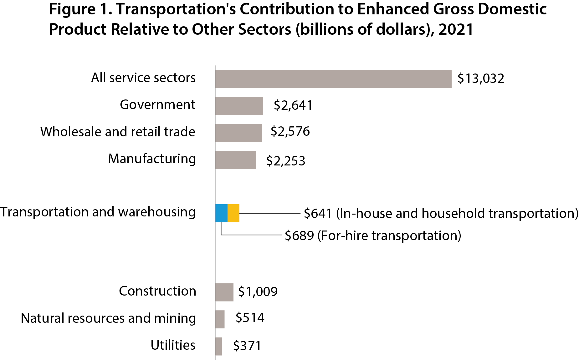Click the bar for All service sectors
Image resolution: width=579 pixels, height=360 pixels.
(x=333, y=79)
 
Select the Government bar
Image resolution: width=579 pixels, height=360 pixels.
(x=239, y=106)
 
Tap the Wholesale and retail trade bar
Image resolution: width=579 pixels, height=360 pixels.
(x=238, y=133)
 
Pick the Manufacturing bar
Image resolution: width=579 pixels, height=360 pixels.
(x=236, y=160)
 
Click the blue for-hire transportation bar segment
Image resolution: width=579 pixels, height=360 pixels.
(x=221, y=213)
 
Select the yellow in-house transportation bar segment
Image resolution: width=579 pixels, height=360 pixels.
(x=233, y=213)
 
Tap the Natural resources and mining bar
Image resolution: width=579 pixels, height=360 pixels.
(x=220, y=319)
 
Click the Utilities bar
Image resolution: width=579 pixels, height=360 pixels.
(x=219, y=346)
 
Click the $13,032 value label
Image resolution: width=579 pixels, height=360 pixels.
(x=481, y=79)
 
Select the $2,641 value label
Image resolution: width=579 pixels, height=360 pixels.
(x=293, y=105)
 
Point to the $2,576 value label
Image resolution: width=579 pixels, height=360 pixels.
(x=290, y=131)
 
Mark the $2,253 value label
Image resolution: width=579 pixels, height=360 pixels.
(x=285, y=161)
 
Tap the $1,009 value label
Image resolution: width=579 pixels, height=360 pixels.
(x=258, y=292)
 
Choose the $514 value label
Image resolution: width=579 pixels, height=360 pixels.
(x=250, y=318)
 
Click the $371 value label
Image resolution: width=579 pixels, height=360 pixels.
(x=247, y=346)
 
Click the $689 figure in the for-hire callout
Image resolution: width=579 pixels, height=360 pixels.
(x=299, y=236)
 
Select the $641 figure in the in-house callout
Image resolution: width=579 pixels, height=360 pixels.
(x=318, y=213)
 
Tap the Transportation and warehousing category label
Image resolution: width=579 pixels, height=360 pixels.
(x=98, y=212)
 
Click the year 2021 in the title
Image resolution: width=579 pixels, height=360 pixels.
(x=456, y=29)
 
